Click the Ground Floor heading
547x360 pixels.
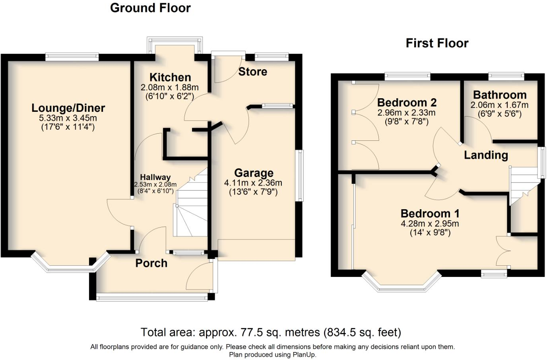pos(150,8)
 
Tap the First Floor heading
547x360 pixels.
pos(437,43)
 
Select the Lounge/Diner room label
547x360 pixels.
pos(68,108)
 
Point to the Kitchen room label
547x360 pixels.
pos(170,77)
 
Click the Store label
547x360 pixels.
pos(252,72)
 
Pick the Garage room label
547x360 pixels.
pos(254,173)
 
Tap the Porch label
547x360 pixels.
pos(151,263)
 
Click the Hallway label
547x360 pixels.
pos(155,177)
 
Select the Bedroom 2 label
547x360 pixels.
pos(407,103)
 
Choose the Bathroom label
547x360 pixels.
pos(500,95)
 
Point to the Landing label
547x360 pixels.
pos(486,155)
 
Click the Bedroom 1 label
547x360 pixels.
pos(430,214)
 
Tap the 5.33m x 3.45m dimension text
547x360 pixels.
pos(68,118)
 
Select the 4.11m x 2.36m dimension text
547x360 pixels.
pos(253,183)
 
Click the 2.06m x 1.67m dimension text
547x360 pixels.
pos(499,105)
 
